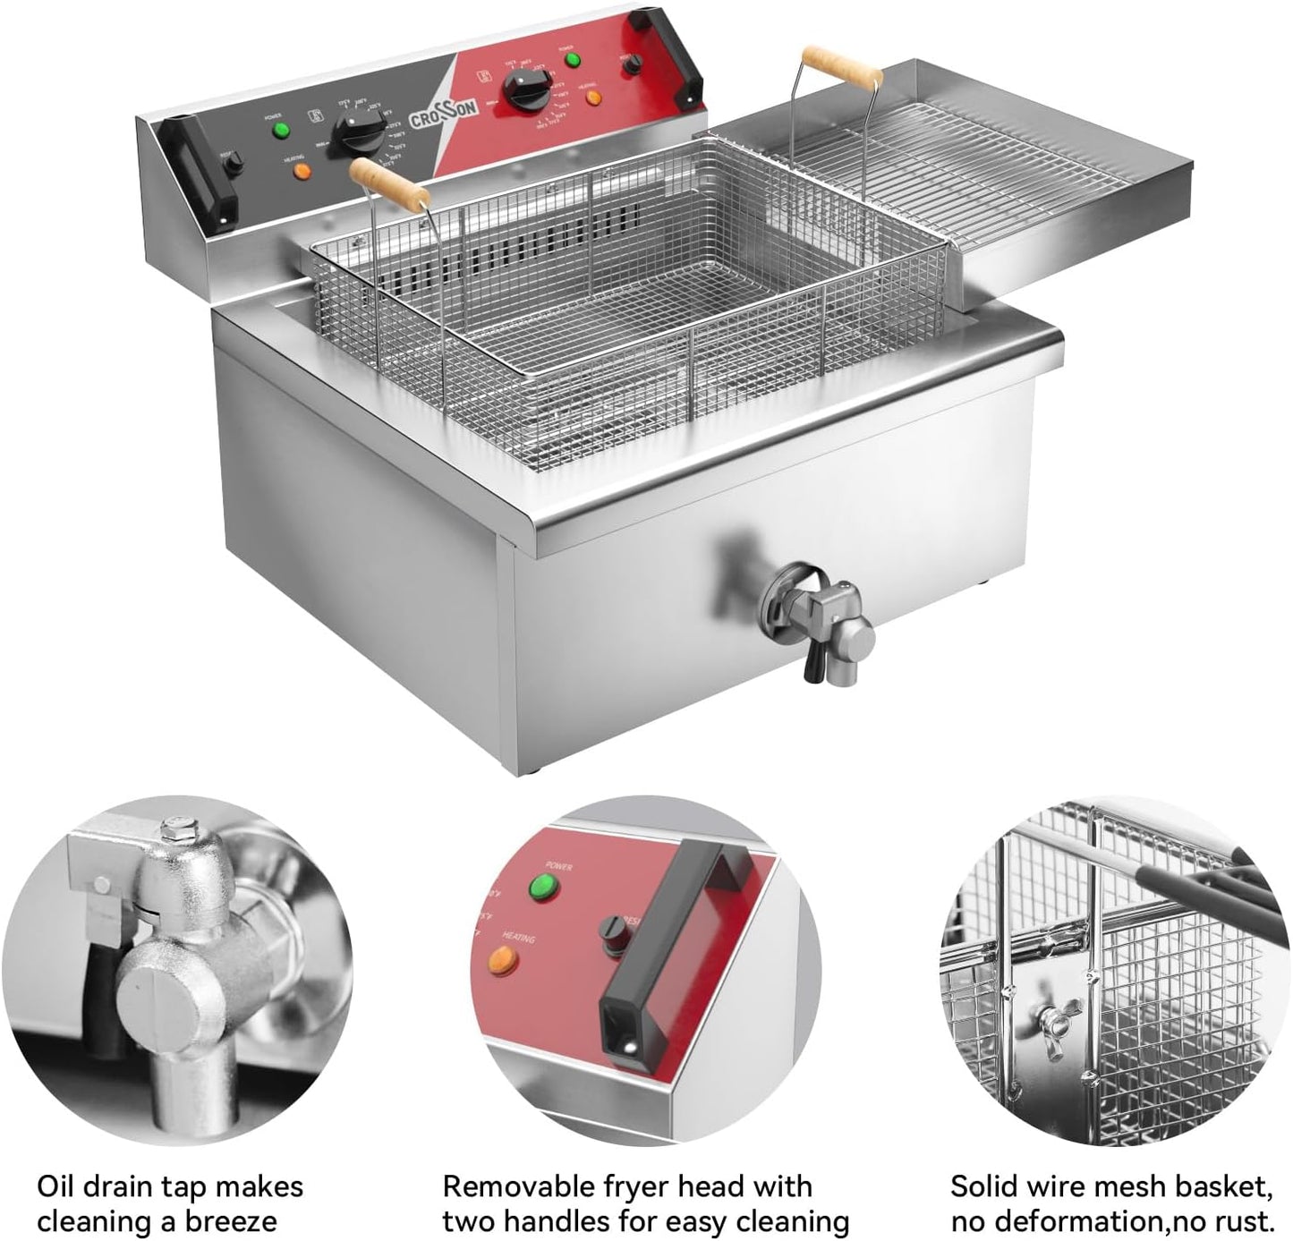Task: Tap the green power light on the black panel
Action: pos(282,132)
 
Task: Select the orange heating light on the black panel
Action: pos(302,169)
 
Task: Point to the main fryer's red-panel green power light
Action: pos(573,60)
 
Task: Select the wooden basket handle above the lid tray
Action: pos(841,67)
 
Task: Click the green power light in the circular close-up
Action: pos(542,888)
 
